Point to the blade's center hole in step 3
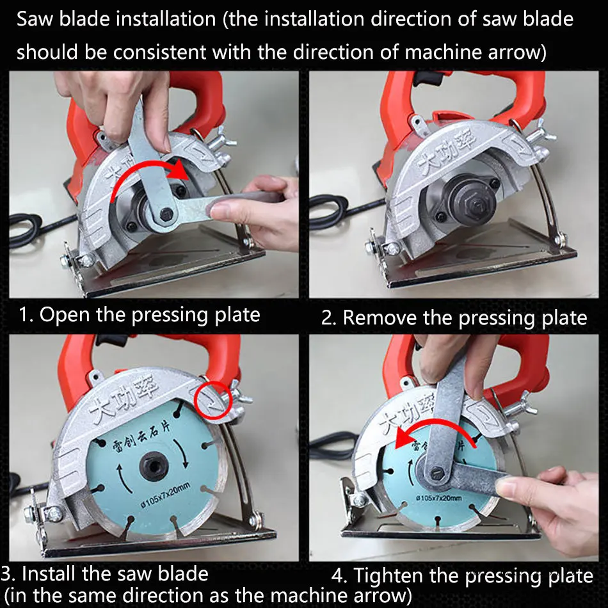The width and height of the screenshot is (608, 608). (154, 465)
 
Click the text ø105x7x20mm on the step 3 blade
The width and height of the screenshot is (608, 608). (165, 495)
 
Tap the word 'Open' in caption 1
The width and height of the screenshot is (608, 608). (65, 315)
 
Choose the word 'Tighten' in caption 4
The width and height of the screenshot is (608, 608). (388, 576)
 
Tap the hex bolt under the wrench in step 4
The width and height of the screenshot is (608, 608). (437, 474)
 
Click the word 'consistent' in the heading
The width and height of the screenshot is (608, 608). (158, 52)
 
